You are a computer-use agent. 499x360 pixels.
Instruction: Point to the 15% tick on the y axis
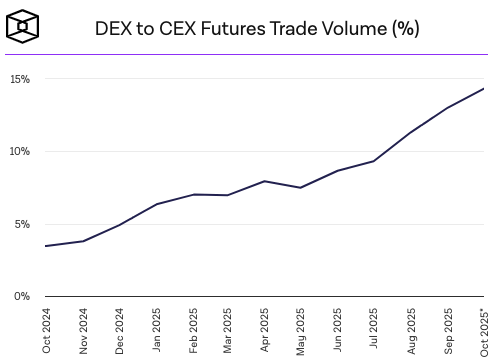click(20, 79)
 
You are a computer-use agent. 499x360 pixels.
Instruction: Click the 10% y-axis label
click(20, 152)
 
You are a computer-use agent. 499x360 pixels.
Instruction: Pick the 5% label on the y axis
click(23, 224)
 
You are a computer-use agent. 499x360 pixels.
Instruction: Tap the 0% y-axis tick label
click(23, 297)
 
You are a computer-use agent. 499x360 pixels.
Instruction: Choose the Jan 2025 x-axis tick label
click(157, 329)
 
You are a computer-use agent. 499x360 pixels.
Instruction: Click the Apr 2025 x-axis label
click(265, 329)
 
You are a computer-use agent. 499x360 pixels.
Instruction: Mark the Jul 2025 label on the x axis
click(374, 329)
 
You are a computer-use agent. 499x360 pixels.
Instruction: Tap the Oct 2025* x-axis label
click(483, 329)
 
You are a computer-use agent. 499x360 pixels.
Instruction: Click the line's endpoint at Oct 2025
click(484, 89)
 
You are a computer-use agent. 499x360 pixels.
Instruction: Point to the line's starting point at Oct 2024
click(47, 246)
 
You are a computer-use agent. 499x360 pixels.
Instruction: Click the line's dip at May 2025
click(301, 188)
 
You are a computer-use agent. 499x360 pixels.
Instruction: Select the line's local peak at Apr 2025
click(265, 181)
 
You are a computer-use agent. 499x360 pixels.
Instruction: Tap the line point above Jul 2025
click(374, 161)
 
